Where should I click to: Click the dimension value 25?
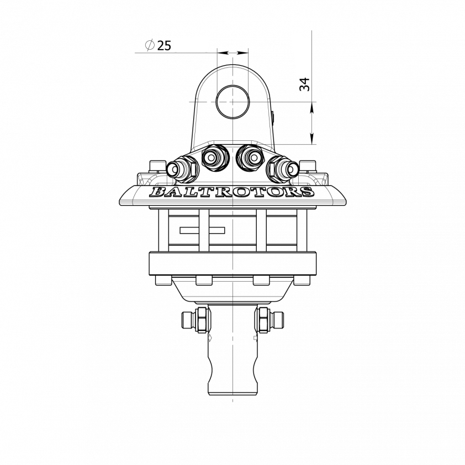click(x=164, y=45)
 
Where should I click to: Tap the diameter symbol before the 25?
click(x=149, y=45)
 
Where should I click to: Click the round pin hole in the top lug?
click(x=232, y=102)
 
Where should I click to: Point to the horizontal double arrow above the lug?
click(x=232, y=52)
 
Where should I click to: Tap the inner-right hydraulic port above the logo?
click(x=251, y=158)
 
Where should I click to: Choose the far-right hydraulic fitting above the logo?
click(x=283, y=167)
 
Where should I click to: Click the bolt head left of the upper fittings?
click(x=157, y=167)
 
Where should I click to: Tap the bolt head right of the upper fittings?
click(x=307, y=167)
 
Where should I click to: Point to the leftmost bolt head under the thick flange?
click(x=163, y=280)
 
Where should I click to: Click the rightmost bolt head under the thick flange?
click(x=302, y=280)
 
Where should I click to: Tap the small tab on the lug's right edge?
click(x=274, y=117)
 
